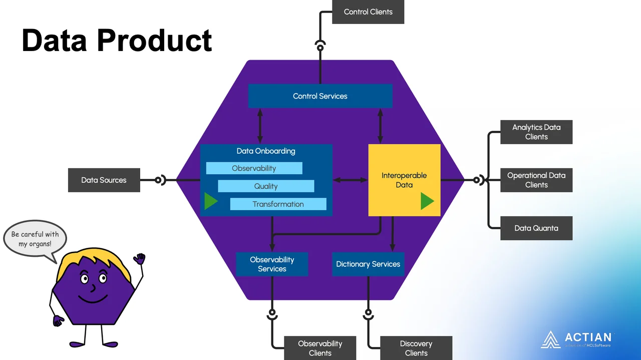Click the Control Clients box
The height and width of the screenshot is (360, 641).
pyautogui.click(x=368, y=12)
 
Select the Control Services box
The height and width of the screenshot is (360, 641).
pyautogui.click(x=320, y=96)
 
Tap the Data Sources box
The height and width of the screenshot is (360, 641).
pyautogui.click(x=104, y=180)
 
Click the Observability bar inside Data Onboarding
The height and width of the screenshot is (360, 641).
pyautogui.click(x=254, y=168)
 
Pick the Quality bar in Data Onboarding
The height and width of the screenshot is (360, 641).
pyautogui.click(x=266, y=186)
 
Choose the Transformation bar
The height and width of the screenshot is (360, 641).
pyautogui.click(x=278, y=204)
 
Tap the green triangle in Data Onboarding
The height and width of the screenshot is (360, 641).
pyautogui.click(x=210, y=201)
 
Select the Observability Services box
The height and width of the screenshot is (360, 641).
pyautogui.click(x=272, y=264)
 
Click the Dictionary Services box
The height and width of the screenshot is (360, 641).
pyautogui.click(x=368, y=264)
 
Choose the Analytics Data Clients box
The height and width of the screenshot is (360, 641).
pyautogui.click(x=536, y=132)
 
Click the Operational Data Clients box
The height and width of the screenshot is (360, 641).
pyautogui.click(x=536, y=180)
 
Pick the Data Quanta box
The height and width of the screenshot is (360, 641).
pyautogui.click(x=536, y=228)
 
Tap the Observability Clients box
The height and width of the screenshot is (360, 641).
pyautogui.click(x=320, y=348)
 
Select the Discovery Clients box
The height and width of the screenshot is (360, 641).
pyautogui.click(x=416, y=348)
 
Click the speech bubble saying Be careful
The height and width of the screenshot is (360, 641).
pyautogui.click(x=35, y=239)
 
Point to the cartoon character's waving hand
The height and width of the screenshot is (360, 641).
pyautogui.click(x=139, y=259)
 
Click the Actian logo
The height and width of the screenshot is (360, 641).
pyautogui.click(x=576, y=339)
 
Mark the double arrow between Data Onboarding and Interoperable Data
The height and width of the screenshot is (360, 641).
pyautogui.click(x=350, y=180)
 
